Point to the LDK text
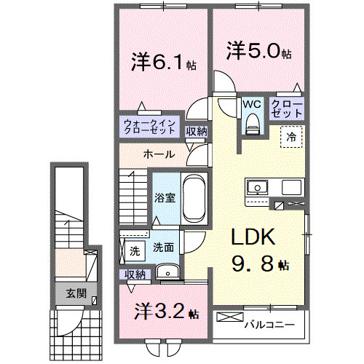click(253, 239)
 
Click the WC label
click(252, 104)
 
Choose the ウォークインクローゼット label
click(149, 127)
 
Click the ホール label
click(158, 154)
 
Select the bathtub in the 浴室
click(193, 198)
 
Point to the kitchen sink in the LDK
click(258, 188)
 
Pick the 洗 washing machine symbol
click(134, 250)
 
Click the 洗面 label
click(163, 248)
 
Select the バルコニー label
click(269, 324)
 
